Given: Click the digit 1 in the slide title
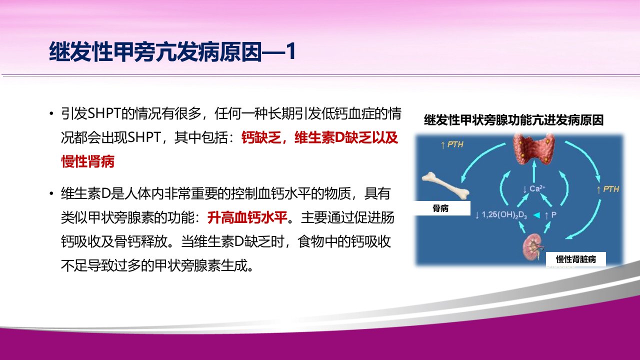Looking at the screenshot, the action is pyautogui.click(x=291, y=52).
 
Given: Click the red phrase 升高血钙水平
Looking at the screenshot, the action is pyautogui.click(x=247, y=217).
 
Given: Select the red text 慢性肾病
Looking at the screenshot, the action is pyautogui.click(x=87, y=161).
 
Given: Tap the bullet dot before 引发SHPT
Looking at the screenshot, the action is pyautogui.click(x=51, y=113).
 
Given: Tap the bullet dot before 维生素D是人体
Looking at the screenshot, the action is pyautogui.click(x=51, y=193).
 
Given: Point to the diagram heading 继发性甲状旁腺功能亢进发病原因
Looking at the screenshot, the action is pyautogui.click(x=513, y=120).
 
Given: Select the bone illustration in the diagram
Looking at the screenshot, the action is pyautogui.click(x=445, y=187).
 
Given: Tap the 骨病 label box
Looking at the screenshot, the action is pyautogui.click(x=440, y=208).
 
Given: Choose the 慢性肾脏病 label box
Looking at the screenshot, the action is pyautogui.click(x=575, y=259).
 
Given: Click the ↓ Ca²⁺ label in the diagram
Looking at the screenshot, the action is pyautogui.click(x=534, y=189).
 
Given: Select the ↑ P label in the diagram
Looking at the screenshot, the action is pyautogui.click(x=550, y=215).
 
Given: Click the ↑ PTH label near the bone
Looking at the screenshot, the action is pyautogui.click(x=452, y=144).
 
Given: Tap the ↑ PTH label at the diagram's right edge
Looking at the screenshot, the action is pyautogui.click(x=607, y=189).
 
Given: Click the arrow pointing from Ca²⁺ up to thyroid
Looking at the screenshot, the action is pyautogui.click(x=533, y=171).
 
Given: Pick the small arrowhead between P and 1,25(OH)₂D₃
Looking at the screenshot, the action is pyautogui.click(x=536, y=215).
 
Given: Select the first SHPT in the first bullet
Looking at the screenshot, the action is pyautogui.click(x=104, y=113).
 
